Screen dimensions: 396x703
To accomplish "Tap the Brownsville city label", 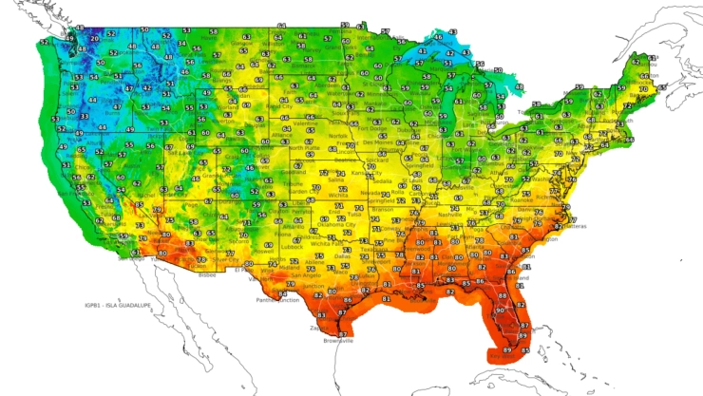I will (x=338, y=339).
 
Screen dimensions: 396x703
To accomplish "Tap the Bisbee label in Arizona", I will (x=207, y=274).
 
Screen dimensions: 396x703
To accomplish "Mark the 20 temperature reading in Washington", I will (x=93, y=39).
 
